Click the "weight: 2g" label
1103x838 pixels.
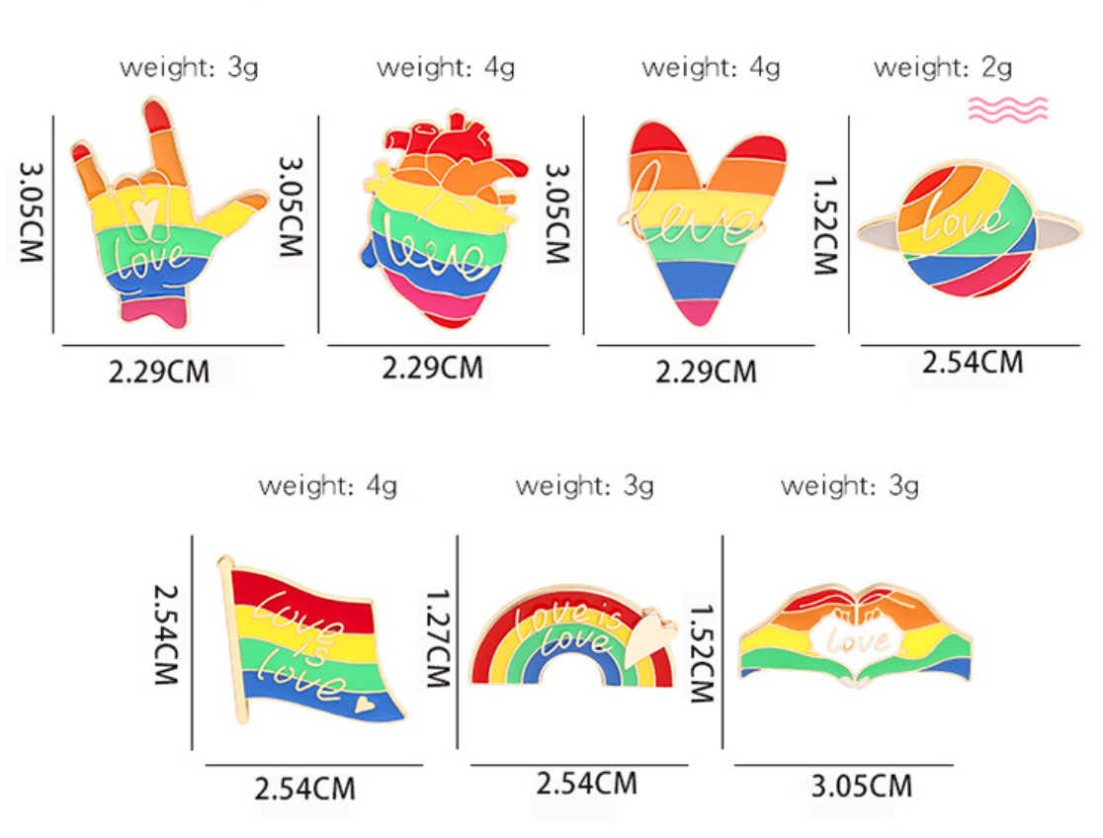pos(943,67)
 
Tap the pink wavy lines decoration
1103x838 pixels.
pos(1007,109)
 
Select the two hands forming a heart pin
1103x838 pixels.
pos(856,637)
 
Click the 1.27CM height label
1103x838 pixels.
pos(437,637)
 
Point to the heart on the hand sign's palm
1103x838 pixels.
pos(145,211)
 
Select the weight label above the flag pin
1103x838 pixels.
pos(327,486)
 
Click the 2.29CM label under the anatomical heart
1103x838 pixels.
pos(433,368)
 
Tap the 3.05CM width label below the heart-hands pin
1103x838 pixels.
pos(860,787)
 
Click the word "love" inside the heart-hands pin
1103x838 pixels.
pos(856,642)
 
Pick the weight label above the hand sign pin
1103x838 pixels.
pos(189,67)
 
